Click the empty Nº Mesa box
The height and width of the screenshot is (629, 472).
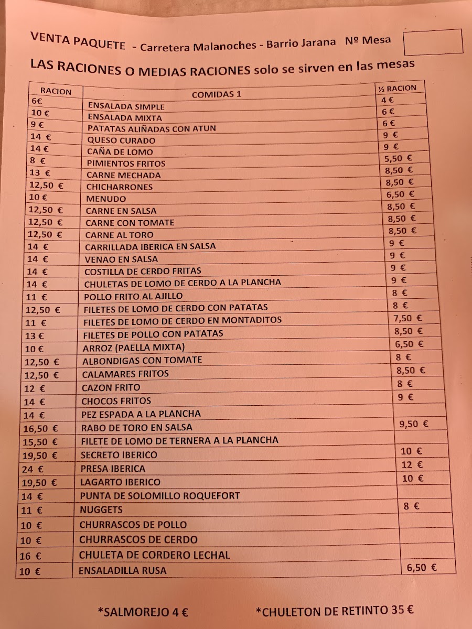coord(433,42)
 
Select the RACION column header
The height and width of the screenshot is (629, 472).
coord(56,91)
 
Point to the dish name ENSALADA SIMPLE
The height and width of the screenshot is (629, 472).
coord(126,106)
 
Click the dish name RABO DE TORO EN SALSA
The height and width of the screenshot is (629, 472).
coord(136,427)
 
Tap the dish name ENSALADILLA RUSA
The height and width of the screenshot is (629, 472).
coord(122,571)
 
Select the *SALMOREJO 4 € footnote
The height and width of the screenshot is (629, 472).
coord(143,611)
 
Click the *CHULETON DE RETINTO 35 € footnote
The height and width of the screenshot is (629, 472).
coord(335,610)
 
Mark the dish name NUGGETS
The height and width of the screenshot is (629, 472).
coord(101,509)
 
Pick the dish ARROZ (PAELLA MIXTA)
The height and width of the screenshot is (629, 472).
coord(134,347)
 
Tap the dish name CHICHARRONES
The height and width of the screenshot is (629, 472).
coord(120,187)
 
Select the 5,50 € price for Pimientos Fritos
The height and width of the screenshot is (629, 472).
coord(398,158)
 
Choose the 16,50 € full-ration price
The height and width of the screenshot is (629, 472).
coord(40,428)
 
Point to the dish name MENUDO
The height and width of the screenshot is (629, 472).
coord(106,199)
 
